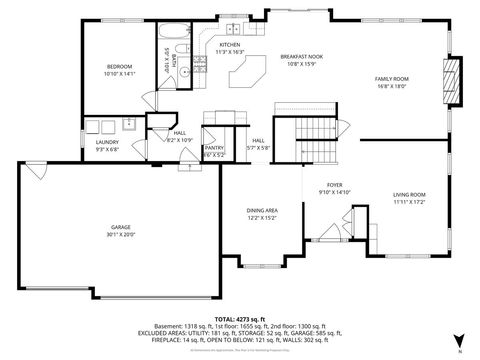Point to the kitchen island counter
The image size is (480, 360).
246,72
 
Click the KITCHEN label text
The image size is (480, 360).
230,45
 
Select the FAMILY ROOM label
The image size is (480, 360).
392,78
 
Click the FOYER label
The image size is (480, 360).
334,186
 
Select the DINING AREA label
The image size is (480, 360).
262,210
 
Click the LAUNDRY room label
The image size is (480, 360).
107,142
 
